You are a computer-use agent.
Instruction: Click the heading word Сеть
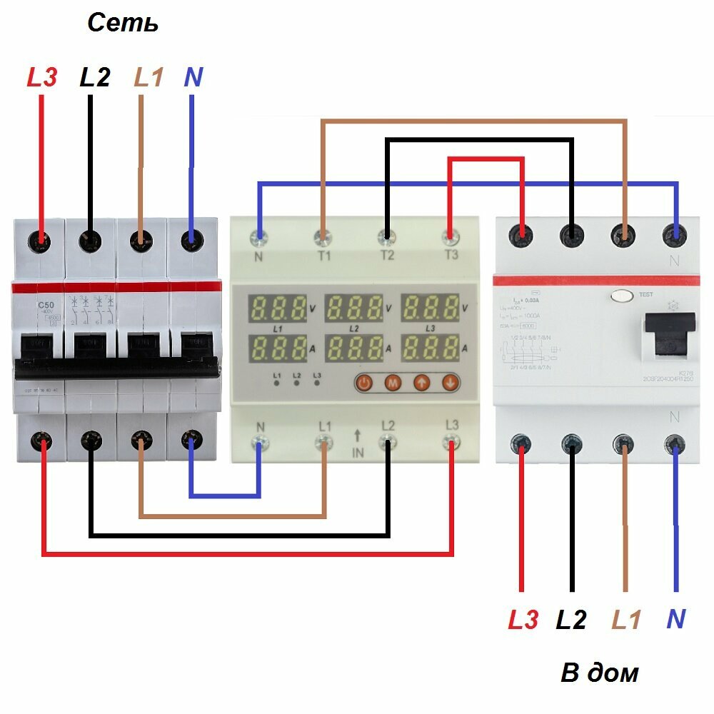point(122,23)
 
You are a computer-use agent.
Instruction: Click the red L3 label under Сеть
point(41,77)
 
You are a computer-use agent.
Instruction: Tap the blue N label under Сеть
point(193,77)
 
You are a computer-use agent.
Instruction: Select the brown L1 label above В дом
point(626,620)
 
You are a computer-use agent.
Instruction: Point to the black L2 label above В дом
point(571,620)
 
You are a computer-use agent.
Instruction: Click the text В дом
point(599,673)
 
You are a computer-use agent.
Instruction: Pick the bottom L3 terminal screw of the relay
point(451,444)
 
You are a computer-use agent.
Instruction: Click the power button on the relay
point(364,383)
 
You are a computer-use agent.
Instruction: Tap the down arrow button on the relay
point(449,383)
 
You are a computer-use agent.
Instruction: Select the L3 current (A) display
point(431,348)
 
